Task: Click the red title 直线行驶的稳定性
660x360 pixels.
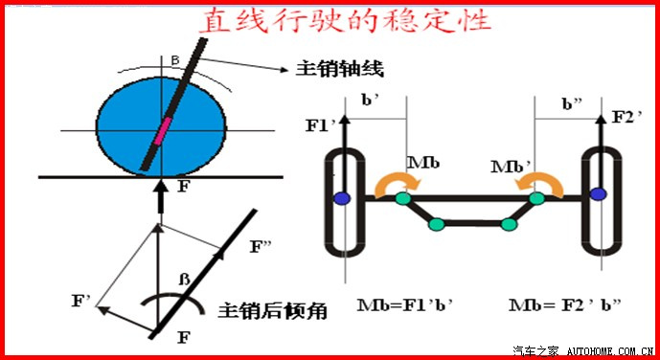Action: click(344, 20)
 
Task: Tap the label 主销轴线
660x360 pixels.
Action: click(340, 69)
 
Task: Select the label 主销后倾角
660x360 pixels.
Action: click(272, 311)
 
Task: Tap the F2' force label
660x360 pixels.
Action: click(627, 117)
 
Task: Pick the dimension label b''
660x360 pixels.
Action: click(574, 104)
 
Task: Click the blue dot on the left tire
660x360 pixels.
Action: click(341, 198)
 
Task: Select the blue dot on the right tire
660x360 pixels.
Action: click(598, 193)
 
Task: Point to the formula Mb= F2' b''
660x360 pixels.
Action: click(565, 304)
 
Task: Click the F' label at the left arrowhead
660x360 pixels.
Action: click(81, 302)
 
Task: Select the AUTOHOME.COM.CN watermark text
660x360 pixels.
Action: click(609, 351)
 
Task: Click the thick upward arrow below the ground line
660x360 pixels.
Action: click(161, 195)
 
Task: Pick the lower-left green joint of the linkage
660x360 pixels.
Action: click(437, 225)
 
